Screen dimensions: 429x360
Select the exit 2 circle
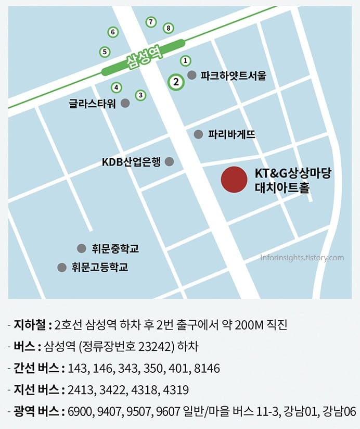[176, 82]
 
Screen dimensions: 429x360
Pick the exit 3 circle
[140, 95]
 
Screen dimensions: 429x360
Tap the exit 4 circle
[116, 87]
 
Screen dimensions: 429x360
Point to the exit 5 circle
[105, 52]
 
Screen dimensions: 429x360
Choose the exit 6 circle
[112, 32]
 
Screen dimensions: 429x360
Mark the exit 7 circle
[150, 22]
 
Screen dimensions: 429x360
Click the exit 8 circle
[168, 28]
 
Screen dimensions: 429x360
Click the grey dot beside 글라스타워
[125, 103]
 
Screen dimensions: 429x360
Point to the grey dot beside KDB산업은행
[169, 162]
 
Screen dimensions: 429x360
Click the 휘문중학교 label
[115, 248]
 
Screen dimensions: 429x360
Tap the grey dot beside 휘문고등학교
[61, 267]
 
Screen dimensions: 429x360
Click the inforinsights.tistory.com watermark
[302, 258]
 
